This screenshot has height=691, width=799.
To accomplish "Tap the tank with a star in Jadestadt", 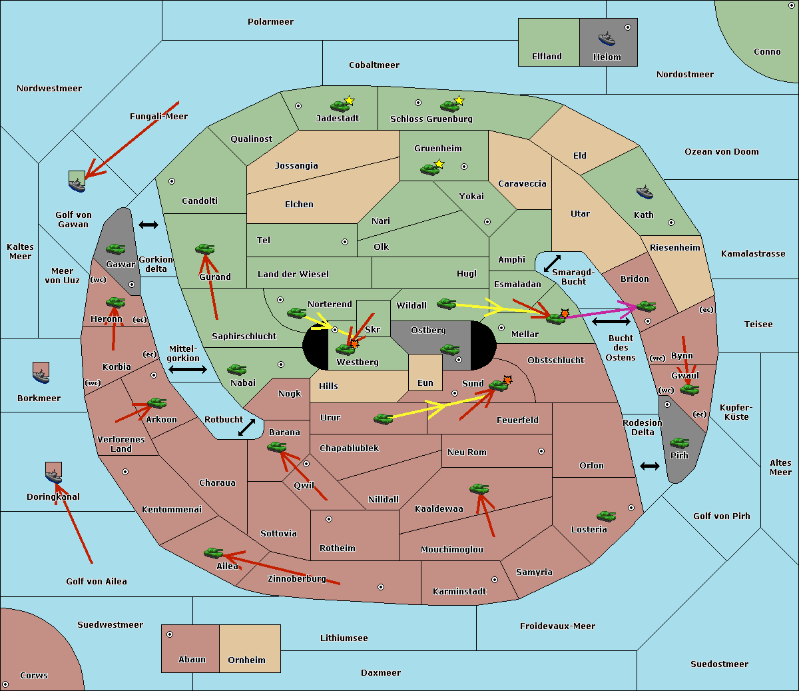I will (340, 105).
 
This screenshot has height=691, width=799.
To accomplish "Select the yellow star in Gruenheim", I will (439, 163).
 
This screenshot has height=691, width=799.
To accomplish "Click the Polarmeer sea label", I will (270, 22).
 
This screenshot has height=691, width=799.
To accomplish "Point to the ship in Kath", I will (645, 193).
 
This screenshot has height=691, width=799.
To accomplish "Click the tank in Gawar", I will (116, 249).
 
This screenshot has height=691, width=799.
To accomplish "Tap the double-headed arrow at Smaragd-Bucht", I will (553, 263).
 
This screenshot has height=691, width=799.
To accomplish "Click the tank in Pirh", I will (679, 442).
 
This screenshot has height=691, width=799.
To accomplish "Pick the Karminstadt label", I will (459, 591).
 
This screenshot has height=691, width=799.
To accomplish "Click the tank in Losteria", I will (606, 516).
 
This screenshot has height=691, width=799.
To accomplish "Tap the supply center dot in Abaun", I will (170, 634).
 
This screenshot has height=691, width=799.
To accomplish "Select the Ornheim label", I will (246, 660).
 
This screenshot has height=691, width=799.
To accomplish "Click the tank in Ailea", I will (213, 552).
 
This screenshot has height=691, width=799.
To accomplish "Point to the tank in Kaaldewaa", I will (479, 488).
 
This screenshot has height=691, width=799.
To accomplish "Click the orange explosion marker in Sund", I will (508, 380).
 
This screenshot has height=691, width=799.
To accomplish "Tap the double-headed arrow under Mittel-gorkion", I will (187, 369).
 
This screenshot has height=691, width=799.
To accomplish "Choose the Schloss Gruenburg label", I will (431, 119).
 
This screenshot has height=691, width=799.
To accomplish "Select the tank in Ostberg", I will (450, 349).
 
